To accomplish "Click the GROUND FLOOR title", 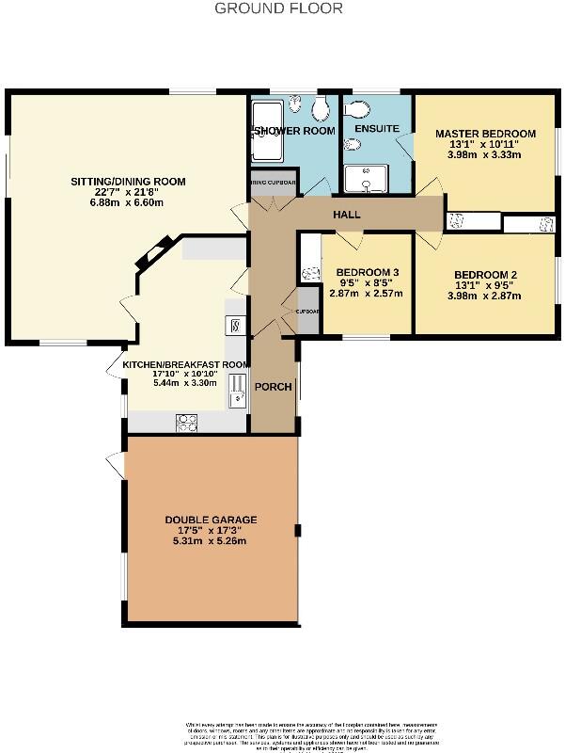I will (278, 8).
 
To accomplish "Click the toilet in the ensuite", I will (351, 144).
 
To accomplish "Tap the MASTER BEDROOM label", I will (485, 134).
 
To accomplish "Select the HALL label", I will (347, 216).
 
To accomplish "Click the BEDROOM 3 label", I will (368, 273).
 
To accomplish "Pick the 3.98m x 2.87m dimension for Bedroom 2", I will (485, 295).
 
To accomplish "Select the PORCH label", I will (275, 387).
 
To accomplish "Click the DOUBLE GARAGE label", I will (211, 520).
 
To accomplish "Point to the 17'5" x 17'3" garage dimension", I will (211, 531).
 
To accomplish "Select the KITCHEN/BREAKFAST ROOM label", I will (185, 364).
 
